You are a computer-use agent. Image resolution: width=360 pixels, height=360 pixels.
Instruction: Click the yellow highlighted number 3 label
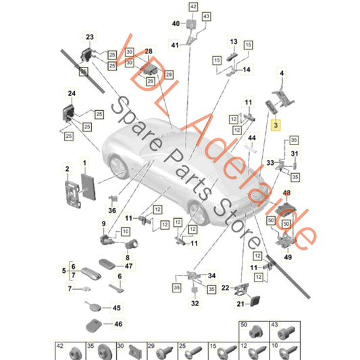pyautogui.click(x=275, y=126)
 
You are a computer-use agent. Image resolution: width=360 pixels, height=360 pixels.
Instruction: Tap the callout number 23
pyautogui.click(x=91, y=36)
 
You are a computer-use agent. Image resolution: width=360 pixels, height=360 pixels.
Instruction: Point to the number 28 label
pyautogui.click(x=149, y=51)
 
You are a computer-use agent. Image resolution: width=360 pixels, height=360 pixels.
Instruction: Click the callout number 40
pyautogui.click(x=176, y=24)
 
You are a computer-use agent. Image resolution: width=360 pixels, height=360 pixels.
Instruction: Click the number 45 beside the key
pyautogui.click(x=118, y=308)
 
